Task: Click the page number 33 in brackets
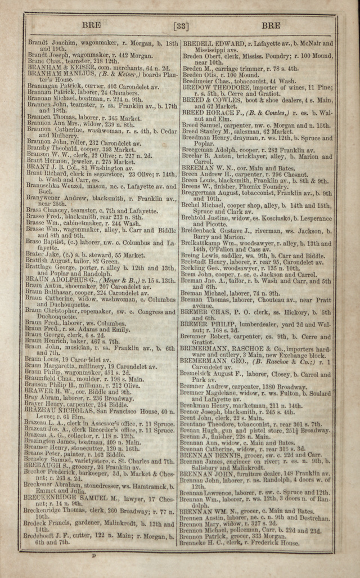click(182, 25)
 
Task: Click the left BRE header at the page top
click(91, 25)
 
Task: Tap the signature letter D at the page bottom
click(94, 556)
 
